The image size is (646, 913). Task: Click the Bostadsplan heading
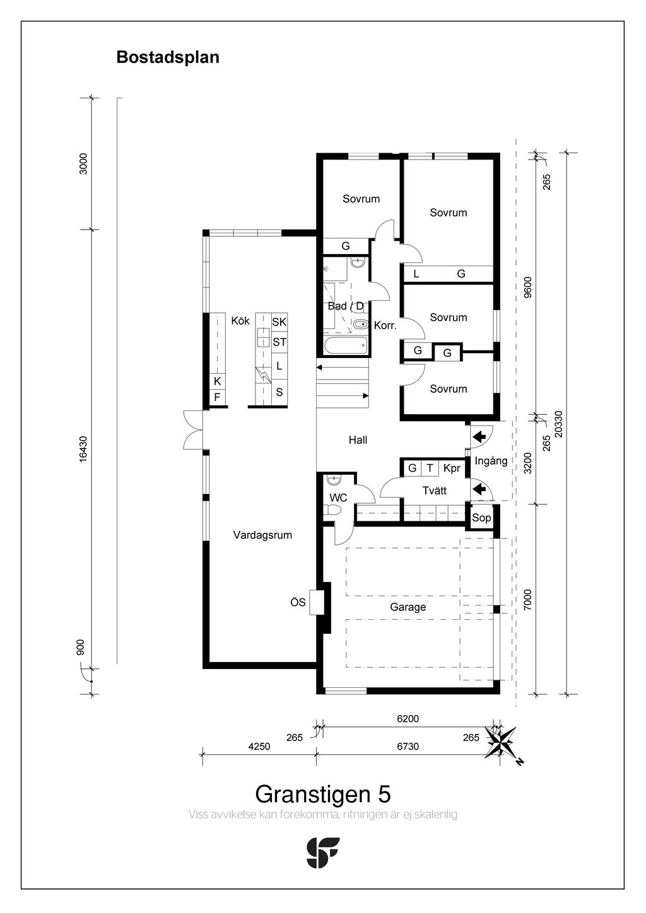[168, 58]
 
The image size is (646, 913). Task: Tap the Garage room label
[408, 607]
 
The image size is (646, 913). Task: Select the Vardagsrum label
[262, 535]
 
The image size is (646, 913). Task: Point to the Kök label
[240, 321]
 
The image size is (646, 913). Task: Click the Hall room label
[358, 440]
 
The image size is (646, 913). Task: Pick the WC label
[338, 497]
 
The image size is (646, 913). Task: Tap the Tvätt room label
[434, 491]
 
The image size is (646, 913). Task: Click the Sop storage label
[481, 518]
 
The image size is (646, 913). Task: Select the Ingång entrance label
[491, 462]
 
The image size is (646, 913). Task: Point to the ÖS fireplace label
[298, 602]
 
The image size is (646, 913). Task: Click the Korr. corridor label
[385, 325]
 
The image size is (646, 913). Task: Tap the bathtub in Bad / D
[346, 346]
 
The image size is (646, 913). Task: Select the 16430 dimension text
[83, 449]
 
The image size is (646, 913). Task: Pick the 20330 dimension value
[558, 424]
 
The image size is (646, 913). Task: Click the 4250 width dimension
[259, 747]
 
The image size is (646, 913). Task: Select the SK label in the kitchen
[279, 322]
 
